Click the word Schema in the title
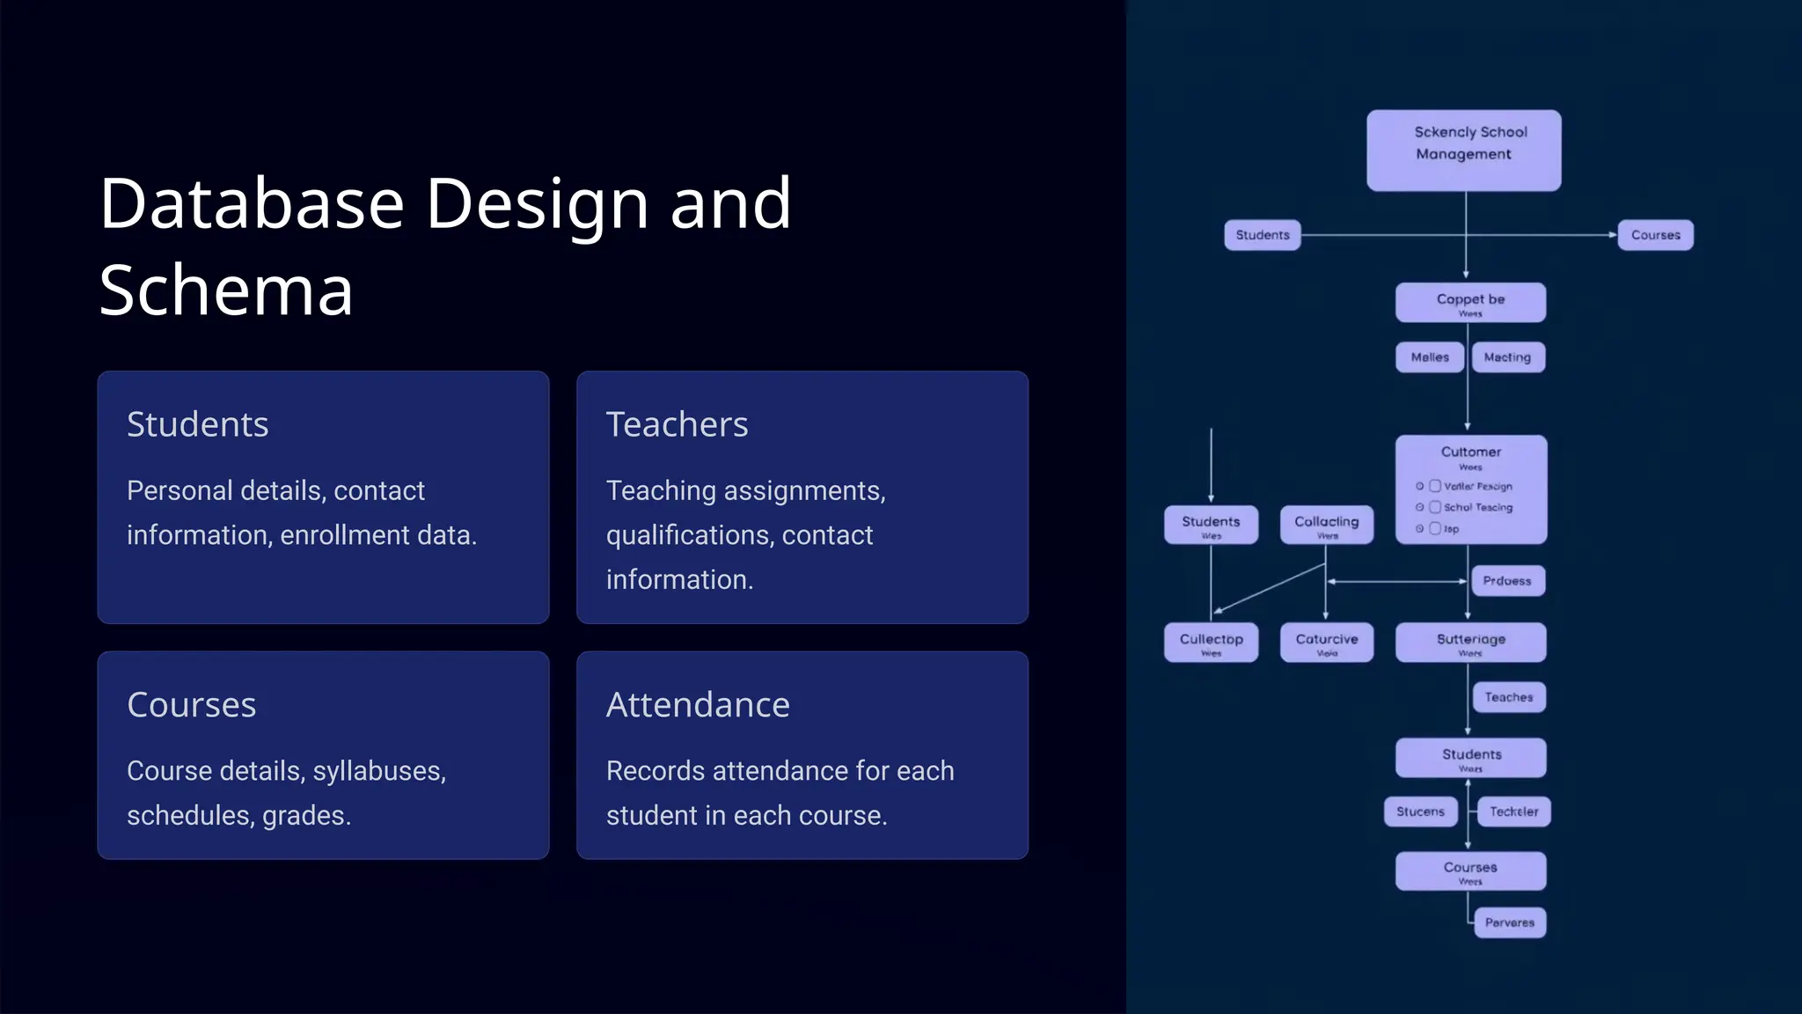point(226,290)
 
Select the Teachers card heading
point(677,424)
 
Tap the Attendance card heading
point(698,704)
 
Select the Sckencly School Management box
point(1463,151)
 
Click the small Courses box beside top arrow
point(1655,235)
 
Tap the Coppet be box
point(1469,302)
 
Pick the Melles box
point(1429,357)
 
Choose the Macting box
point(1507,357)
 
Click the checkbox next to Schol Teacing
point(1435,507)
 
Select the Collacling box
point(1326,525)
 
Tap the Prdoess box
point(1507,581)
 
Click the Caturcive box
point(1326,643)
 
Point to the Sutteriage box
point(1469,643)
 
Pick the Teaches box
point(1508,697)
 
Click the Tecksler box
point(1513,812)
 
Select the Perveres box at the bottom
point(1509,922)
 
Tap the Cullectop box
point(1211,643)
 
